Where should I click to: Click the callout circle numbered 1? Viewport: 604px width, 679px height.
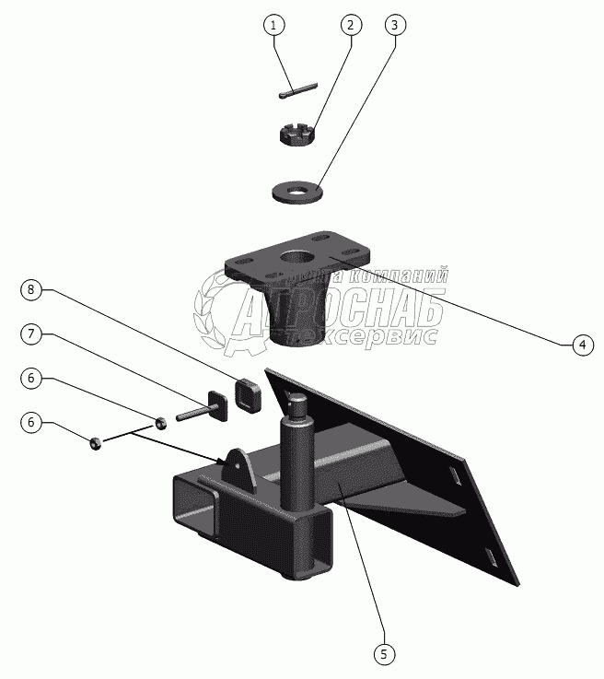[x=273, y=25]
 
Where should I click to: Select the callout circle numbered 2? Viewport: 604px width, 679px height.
[x=349, y=25]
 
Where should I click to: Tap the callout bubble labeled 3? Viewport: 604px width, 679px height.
[x=394, y=25]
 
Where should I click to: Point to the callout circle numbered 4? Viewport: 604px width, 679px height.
[x=581, y=345]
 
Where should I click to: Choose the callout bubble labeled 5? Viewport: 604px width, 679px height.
[x=385, y=654]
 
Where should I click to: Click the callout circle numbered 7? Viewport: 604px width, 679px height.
[x=31, y=334]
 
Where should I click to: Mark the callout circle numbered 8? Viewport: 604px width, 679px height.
[x=31, y=291]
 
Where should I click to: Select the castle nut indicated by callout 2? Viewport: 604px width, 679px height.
[x=299, y=135]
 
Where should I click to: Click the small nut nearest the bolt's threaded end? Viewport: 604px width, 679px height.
[x=159, y=423]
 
